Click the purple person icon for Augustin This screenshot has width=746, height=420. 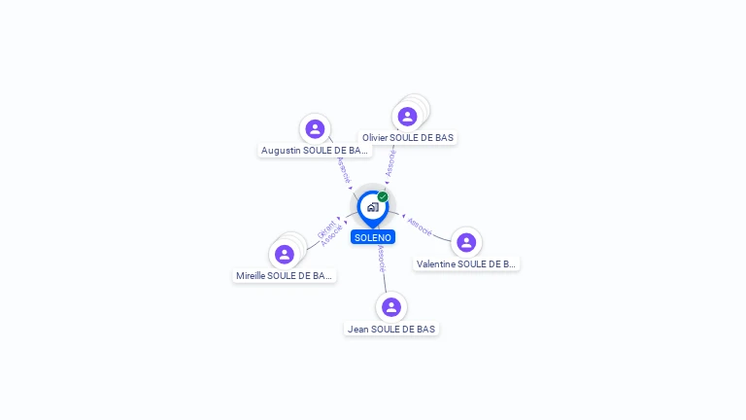[x=315, y=128]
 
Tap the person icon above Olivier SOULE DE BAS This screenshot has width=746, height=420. [x=407, y=117]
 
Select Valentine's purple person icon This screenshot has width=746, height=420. [x=466, y=242]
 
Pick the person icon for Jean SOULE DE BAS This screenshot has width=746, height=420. [x=391, y=307]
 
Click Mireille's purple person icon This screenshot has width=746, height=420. [x=285, y=255]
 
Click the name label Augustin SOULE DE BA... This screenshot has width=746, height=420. [x=315, y=151]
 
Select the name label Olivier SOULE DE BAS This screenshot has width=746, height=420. [x=408, y=138]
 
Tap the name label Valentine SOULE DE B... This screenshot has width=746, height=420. [x=466, y=263]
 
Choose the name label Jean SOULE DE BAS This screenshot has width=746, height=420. [x=391, y=330]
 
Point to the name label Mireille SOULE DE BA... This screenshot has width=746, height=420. [x=285, y=276]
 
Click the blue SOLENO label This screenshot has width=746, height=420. [x=373, y=237]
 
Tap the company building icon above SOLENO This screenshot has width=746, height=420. [x=372, y=206]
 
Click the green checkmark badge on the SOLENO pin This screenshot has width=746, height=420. [x=383, y=196]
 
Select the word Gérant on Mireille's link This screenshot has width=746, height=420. [x=325, y=229]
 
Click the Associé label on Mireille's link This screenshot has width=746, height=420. [x=332, y=236]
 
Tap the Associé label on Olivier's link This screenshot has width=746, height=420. [x=390, y=162]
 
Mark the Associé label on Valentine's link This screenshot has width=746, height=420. [x=420, y=226]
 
